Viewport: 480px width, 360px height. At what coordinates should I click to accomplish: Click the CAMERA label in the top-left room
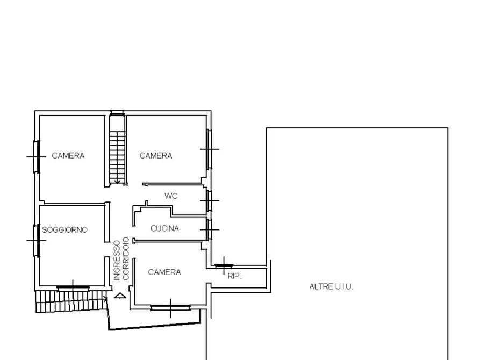pos(68,155)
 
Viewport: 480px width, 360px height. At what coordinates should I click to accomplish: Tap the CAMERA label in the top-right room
pos(156,155)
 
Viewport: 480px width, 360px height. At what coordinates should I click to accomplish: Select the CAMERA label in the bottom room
pos(164,272)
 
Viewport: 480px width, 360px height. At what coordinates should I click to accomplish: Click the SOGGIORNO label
pos(65,229)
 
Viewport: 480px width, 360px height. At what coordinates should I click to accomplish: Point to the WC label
pos(171,196)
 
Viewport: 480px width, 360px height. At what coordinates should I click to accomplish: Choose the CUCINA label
pos(164,228)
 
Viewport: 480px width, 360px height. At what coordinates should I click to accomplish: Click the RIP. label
pos(234,276)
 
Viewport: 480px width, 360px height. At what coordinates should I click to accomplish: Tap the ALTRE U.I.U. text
pos(331,286)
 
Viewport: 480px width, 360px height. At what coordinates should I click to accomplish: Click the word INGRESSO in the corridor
pos(117,261)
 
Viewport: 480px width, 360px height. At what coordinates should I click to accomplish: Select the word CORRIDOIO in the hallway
pos(126,258)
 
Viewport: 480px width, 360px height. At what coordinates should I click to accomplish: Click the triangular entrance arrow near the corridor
pos(120,296)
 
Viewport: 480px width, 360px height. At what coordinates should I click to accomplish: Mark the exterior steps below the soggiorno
pos(71,301)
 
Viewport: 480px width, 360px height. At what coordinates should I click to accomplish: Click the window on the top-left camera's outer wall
pos(37,157)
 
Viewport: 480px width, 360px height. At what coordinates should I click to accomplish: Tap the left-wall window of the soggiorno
pos(37,241)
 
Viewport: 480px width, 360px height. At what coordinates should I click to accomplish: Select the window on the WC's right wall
pos(209,201)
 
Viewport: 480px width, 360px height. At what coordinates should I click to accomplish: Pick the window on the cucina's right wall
pos(209,229)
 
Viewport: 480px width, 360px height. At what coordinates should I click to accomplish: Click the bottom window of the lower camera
pos(170,307)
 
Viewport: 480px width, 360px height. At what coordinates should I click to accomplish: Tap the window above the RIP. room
pos(224,266)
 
